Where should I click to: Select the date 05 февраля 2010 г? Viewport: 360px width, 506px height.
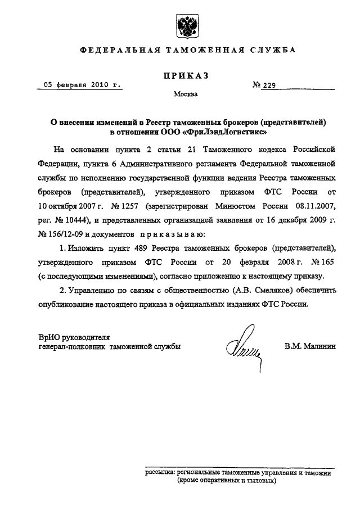(x=79, y=85)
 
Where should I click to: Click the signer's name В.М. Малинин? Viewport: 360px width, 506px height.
(x=310, y=347)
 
